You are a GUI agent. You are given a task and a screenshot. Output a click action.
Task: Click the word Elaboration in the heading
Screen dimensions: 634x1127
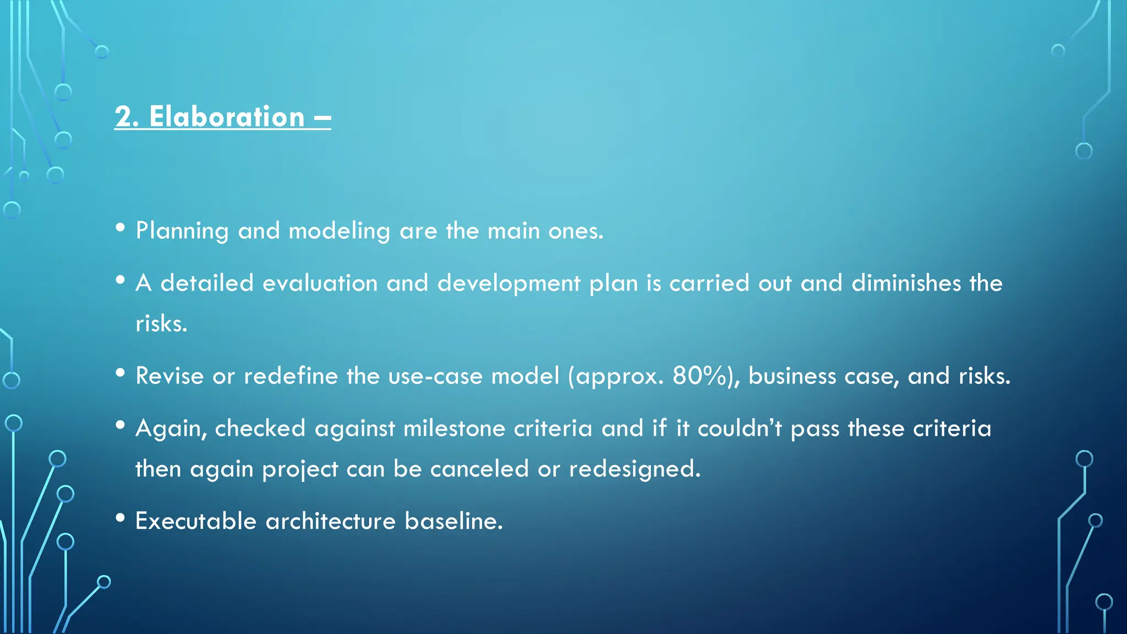[226, 117]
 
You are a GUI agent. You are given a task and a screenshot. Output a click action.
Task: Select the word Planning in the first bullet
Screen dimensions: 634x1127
[182, 231]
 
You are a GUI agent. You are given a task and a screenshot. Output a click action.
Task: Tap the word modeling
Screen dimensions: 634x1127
[339, 231]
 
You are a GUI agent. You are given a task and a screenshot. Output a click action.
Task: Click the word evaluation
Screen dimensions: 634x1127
[320, 283]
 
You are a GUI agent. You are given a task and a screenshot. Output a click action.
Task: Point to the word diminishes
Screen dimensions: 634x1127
[906, 283]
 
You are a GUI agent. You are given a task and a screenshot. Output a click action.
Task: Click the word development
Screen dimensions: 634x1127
[508, 283]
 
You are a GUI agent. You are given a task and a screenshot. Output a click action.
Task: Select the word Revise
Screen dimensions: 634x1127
[169, 376]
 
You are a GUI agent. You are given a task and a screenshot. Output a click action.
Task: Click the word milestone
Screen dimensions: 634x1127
[453, 429]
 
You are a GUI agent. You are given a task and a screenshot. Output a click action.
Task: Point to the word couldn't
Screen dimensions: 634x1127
[739, 429]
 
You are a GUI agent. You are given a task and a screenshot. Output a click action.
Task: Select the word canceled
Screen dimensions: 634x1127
[479, 469]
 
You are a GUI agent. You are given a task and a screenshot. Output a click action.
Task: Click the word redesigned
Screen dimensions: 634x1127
[634, 469]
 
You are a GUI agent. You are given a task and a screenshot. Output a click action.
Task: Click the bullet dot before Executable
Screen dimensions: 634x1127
[121, 518]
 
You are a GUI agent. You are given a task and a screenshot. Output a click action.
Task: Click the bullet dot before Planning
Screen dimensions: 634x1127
[121, 227]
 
